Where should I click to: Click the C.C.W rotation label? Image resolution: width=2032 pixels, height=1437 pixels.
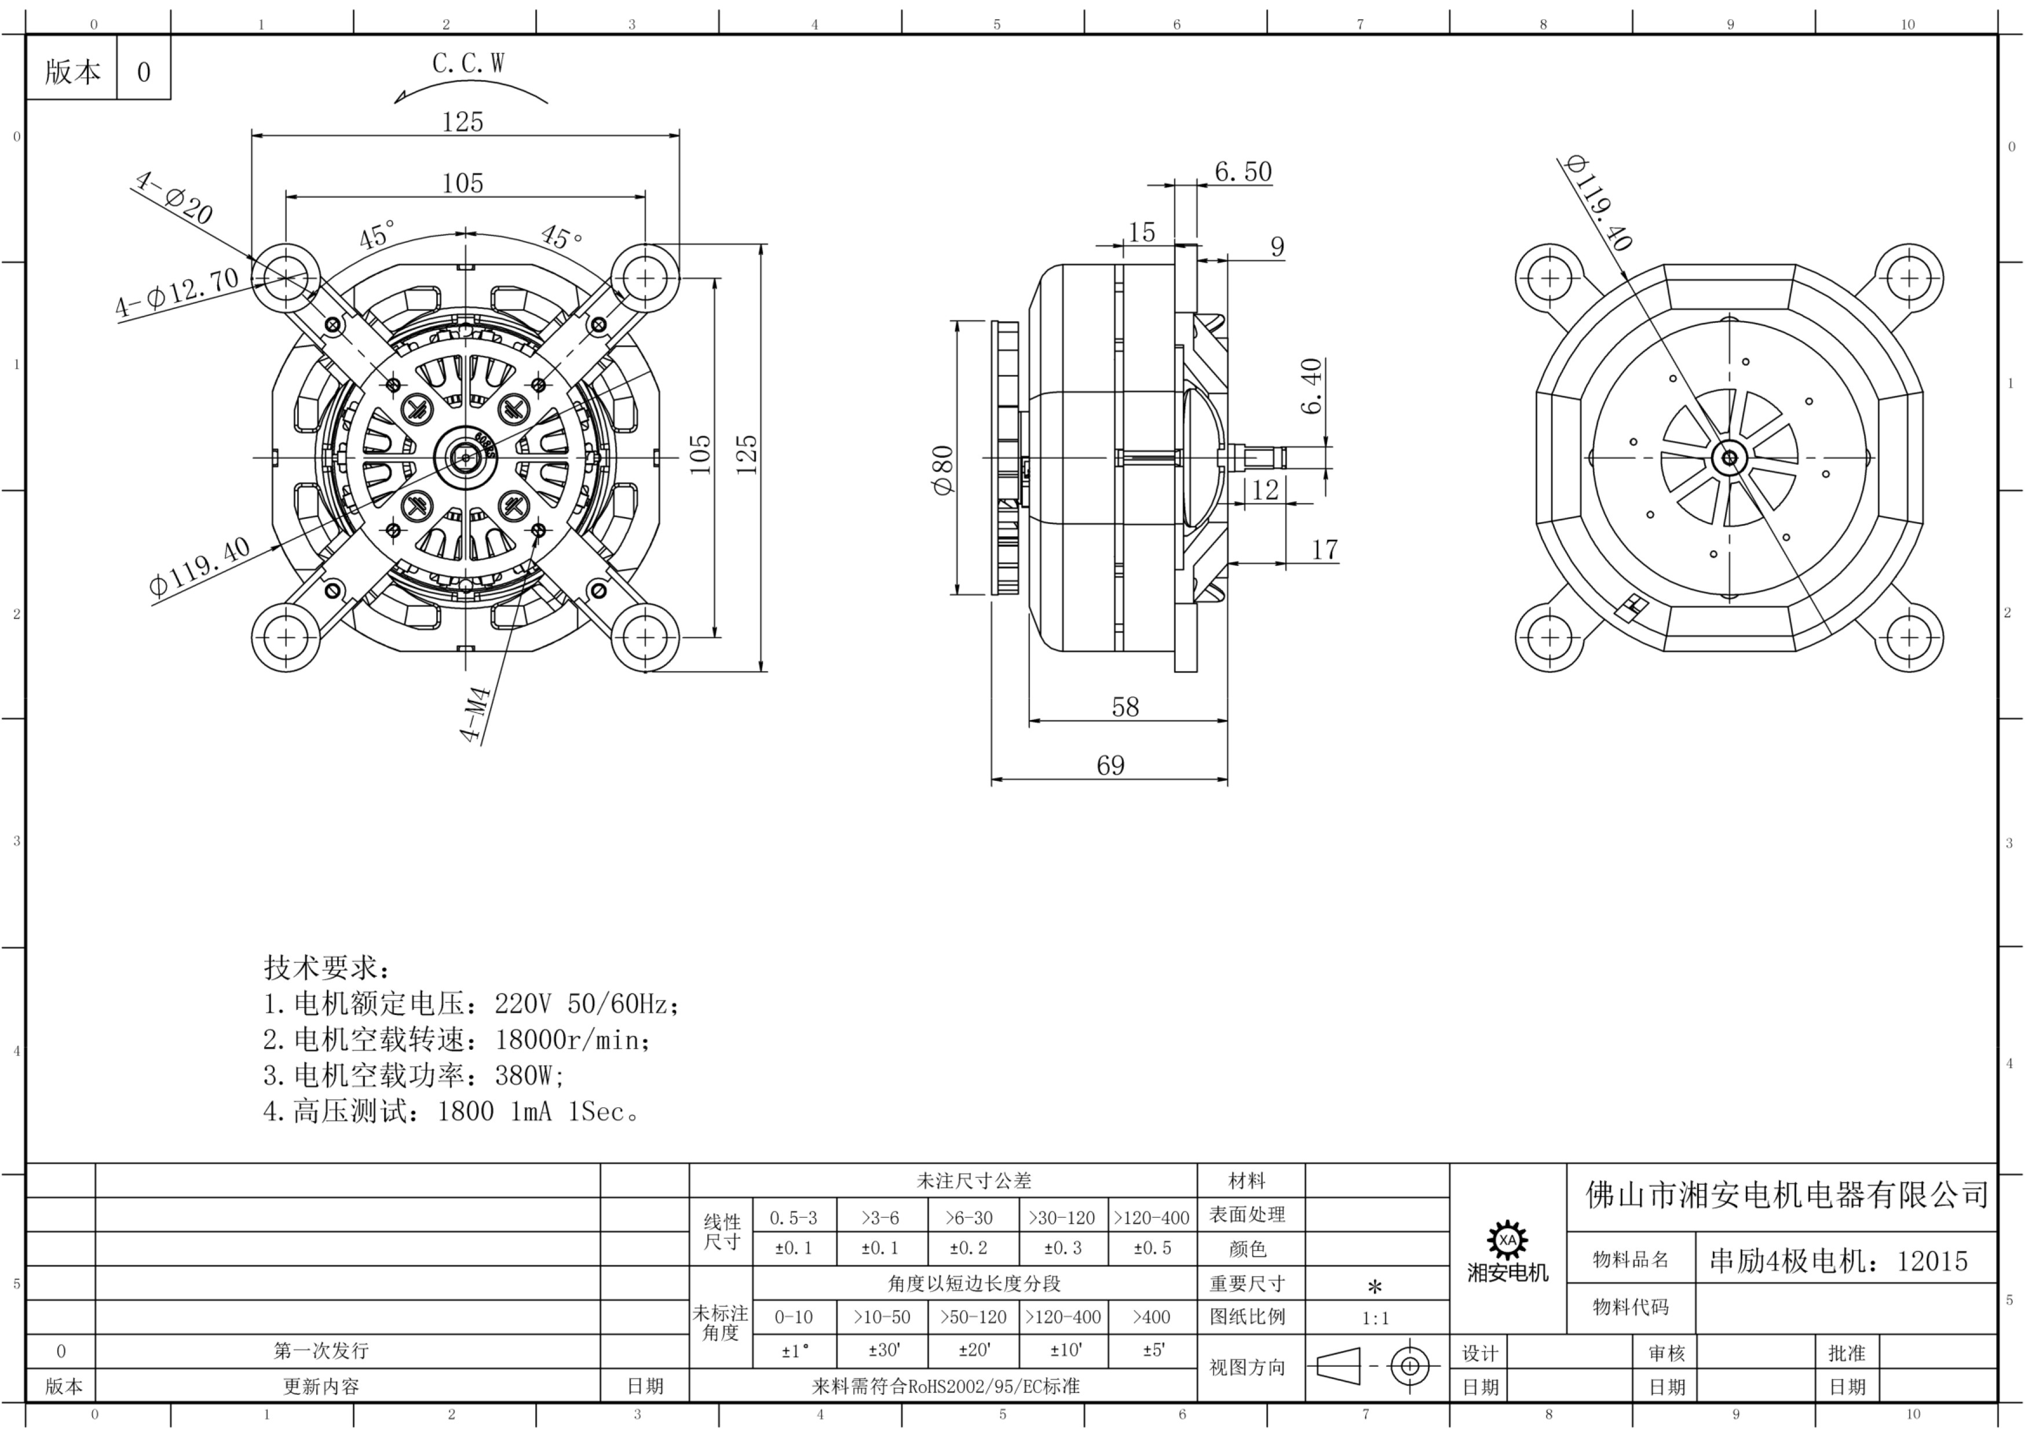(x=468, y=64)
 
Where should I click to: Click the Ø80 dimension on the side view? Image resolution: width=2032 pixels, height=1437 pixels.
(x=944, y=470)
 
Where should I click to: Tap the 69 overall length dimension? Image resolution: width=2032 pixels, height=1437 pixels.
(x=1110, y=765)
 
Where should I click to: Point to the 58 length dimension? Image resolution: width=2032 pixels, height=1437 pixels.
(x=1125, y=707)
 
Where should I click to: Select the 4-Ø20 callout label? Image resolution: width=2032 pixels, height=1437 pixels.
(x=173, y=197)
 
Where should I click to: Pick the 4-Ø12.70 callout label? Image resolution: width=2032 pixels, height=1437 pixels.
(x=177, y=292)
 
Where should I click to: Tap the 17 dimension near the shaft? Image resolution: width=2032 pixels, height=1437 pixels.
(x=1324, y=550)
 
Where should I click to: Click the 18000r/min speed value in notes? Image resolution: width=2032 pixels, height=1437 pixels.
(x=573, y=1039)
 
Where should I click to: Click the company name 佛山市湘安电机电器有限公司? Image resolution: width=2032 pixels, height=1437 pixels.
(x=1787, y=1195)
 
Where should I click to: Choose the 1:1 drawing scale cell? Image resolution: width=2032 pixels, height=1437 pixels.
(x=1375, y=1318)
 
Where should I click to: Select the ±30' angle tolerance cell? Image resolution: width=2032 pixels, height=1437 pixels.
(x=883, y=1350)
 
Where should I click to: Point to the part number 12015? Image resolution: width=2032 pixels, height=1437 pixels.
(x=1932, y=1261)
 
